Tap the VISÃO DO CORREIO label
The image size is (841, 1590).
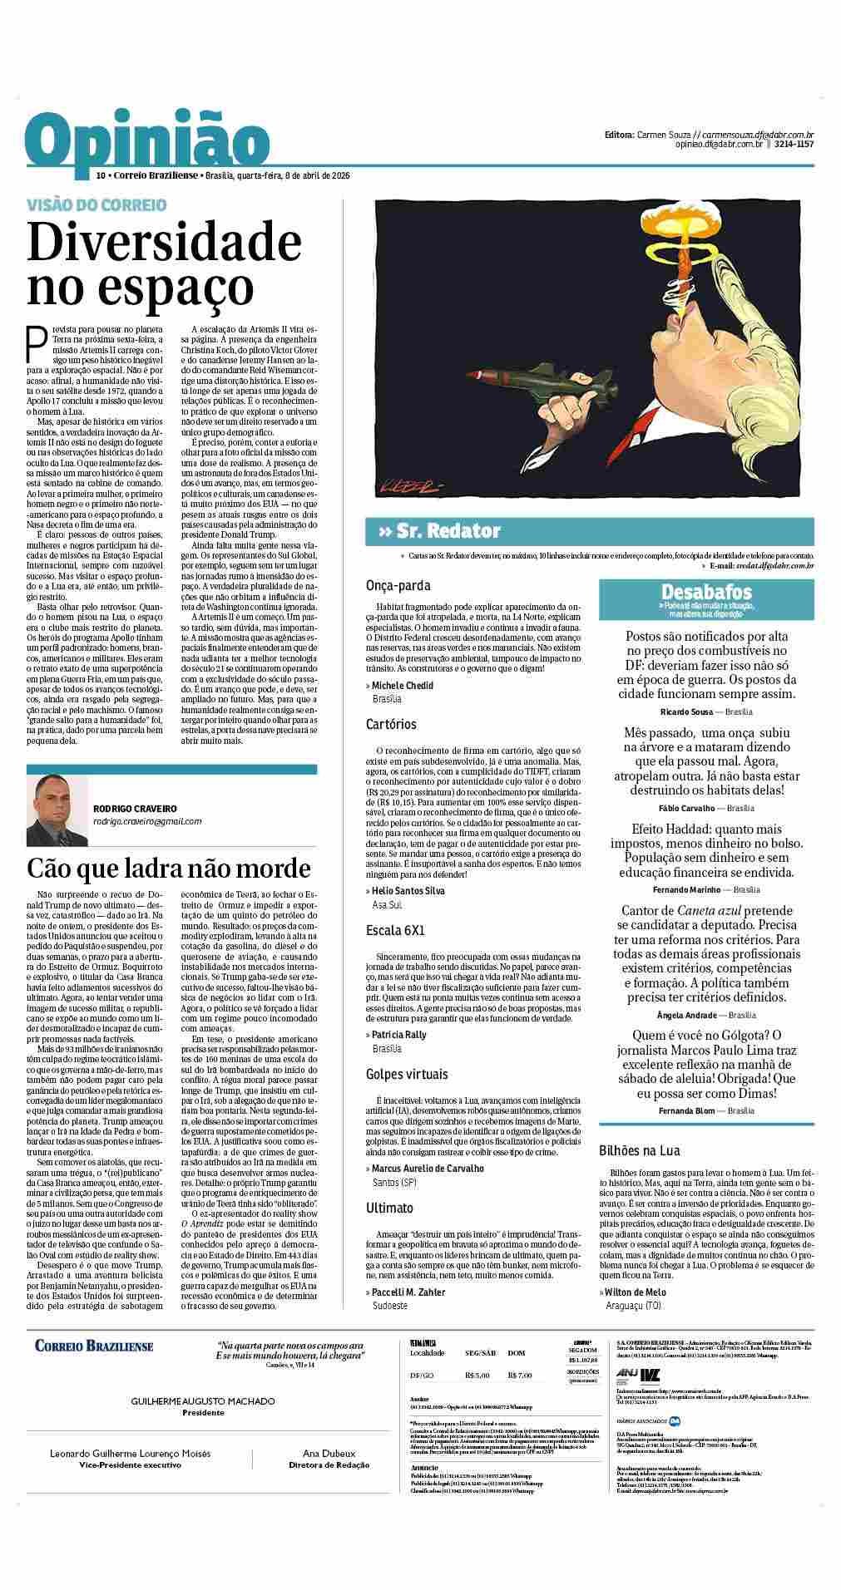tap(96, 204)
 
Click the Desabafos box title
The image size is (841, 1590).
tap(706, 592)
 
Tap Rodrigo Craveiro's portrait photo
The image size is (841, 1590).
tap(57, 810)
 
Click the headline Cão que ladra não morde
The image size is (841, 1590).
tap(169, 869)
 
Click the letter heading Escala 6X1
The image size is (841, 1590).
tap(395, 930)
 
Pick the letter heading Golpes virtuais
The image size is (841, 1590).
tap(407, 1074)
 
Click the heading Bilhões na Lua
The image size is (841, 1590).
tap(640, 1150)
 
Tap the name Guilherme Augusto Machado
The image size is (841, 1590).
tap(203, 1401)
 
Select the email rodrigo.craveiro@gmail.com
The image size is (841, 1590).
tap(147, 821)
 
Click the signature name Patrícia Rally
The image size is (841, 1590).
tap(398, 1035)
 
